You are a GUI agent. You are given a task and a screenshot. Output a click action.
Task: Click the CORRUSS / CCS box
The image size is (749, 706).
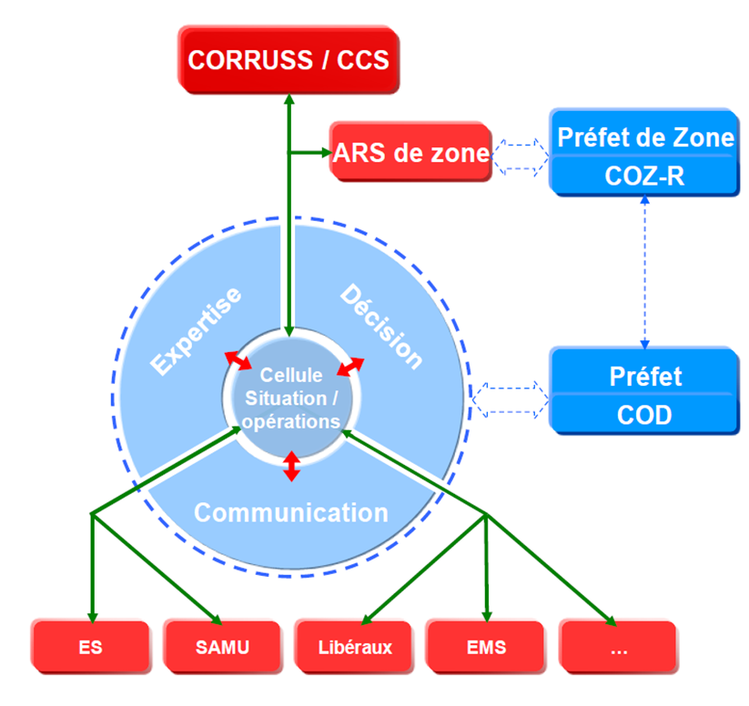click(288, 61)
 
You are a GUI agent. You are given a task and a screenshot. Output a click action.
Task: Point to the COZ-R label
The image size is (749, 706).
click(644, 176)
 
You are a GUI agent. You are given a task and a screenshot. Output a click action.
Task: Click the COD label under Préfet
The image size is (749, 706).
click(644, 415)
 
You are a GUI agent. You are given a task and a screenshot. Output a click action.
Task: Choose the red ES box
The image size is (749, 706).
click(90, 648)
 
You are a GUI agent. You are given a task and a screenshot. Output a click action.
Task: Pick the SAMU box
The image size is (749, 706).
click(222, 648)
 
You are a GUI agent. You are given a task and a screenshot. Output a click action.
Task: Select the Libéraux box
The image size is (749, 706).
click(355, 648)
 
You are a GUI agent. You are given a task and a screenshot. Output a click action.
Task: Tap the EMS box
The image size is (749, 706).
click(486, 648)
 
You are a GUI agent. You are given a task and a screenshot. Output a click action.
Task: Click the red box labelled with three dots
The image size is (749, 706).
click(618, 648)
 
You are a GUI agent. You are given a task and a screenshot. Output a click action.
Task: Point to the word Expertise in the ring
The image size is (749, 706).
click(197, 331)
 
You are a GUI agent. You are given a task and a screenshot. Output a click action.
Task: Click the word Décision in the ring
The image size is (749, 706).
click(381, 328)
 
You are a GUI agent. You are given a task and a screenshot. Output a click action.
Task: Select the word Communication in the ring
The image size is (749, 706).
click(291, 512)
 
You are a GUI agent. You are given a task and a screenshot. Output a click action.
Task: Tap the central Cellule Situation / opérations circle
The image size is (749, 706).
click(288, 398)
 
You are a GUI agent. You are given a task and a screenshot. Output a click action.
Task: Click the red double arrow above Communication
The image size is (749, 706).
click(290, 466)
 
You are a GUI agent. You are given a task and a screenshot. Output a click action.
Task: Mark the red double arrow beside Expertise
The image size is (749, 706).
click(238, 359)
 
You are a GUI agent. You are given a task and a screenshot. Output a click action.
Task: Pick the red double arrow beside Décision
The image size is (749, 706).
click(350, 366)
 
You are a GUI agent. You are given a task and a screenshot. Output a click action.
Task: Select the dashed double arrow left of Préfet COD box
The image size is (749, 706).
click(511, 397)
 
